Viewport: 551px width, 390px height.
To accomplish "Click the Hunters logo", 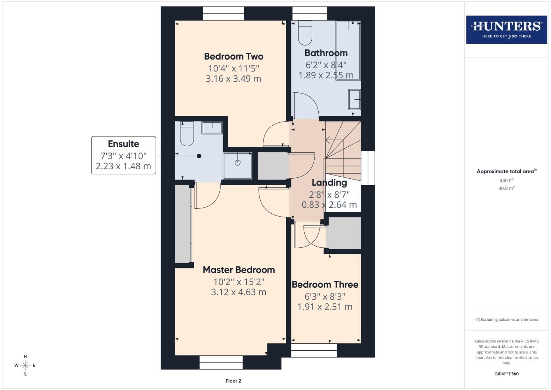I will click(506, 29).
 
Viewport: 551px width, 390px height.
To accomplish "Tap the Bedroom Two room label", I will click(233, 56).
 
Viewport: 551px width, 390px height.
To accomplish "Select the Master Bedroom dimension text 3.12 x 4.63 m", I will click(239, 292).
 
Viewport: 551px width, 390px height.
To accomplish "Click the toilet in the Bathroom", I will click(305, 32).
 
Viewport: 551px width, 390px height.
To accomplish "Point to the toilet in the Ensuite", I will click(187, 134).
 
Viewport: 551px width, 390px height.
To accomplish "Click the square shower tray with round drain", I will click(237, 165).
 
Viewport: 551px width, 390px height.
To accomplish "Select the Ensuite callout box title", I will click(123, 144).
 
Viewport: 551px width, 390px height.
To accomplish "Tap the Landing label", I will click(329, 183).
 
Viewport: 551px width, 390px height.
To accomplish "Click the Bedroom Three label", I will click(325, 285).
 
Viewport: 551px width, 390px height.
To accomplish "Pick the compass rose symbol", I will click(25, 365).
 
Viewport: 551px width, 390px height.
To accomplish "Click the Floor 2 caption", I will click(233, 381).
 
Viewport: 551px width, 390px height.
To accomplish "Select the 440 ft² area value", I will click(506, 181).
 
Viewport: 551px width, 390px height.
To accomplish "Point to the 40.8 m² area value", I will click(506, 188).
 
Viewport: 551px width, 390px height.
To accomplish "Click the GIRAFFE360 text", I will click(506, 374).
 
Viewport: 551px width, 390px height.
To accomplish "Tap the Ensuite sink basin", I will click(212, 128).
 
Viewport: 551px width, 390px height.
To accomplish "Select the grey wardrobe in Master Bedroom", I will click(183, 224).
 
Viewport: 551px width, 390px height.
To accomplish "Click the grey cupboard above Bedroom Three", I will click(343, 233).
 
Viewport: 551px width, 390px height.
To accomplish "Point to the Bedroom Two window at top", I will click(223, 13).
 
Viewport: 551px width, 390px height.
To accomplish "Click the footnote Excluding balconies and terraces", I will click(506, 320).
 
